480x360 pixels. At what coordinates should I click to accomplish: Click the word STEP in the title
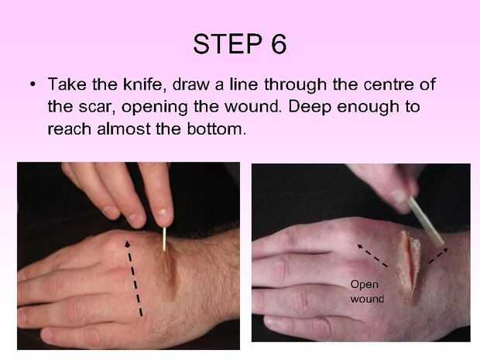[228, 44]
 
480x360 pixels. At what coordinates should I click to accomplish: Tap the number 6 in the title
[279, 44]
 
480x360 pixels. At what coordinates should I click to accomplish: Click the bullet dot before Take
[33, 84]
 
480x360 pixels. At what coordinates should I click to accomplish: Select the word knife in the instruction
[145, 84]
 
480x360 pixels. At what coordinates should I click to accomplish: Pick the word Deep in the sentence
[310, 108]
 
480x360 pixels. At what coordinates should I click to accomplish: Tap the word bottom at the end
[217, 129]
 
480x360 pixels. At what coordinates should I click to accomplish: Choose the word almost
[124, 129]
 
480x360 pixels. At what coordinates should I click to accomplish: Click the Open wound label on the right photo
[366, 291]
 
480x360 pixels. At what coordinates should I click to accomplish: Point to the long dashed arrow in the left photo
[133, 278]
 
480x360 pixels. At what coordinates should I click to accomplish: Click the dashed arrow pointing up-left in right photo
[372, 255]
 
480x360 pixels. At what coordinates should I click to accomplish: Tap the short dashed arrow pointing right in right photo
[438, 255]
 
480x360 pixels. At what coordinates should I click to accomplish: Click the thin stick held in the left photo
[164, 239]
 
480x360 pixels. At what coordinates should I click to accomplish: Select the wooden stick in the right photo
[427, 221]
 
